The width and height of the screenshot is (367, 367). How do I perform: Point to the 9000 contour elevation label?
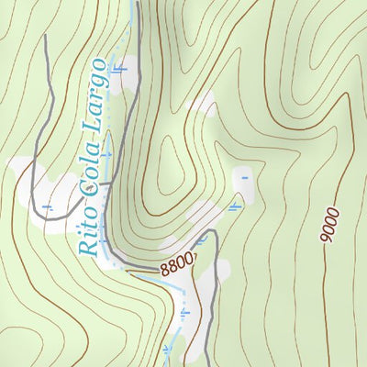click(x=330, y=225)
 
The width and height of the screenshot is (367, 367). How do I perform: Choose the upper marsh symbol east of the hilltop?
click(x=244, y=177)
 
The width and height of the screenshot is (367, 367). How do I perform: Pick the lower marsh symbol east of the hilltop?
click(x=235, y=207)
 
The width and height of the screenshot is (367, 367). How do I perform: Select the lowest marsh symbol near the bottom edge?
click(x=167, y=350)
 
